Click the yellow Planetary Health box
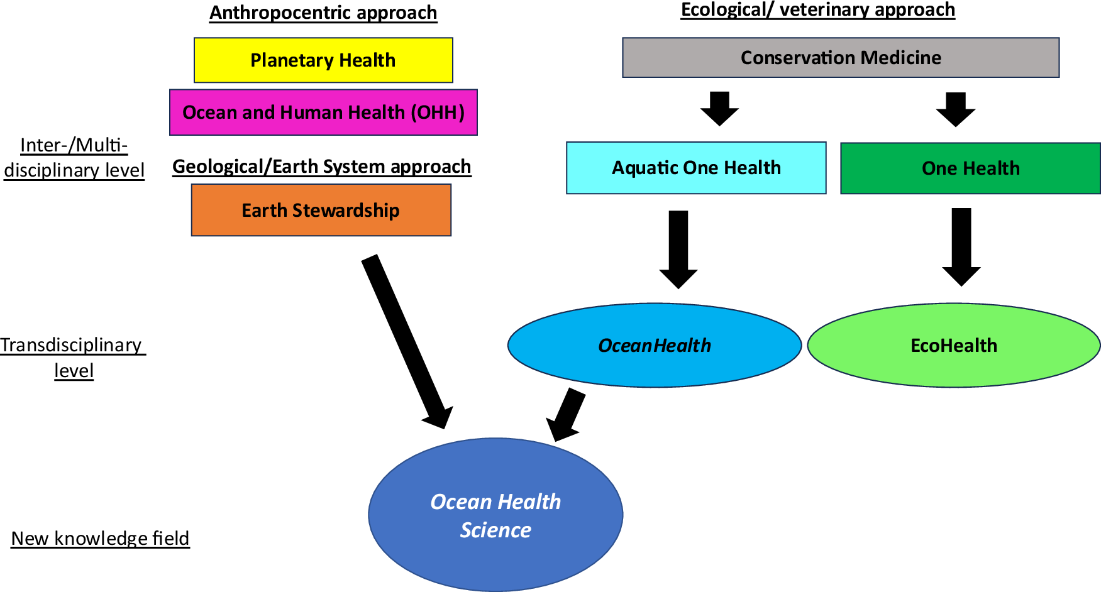point(323,60)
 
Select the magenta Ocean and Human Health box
point(323,112)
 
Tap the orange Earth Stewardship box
point(321,210)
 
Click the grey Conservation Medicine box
point(841,58)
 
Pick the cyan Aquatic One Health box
point(696,168)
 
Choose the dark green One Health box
point(970,168)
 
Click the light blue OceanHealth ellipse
point(655,346)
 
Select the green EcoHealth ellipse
point(954,346)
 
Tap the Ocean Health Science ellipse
point(495,515)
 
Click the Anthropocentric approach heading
point(323,13)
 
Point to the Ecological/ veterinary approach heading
point(817,10)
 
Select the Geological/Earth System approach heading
point(321,167)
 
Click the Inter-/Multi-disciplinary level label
point(74,158)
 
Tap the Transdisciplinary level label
point(73,358)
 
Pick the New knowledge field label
point(100,539)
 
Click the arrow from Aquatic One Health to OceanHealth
point(678,248)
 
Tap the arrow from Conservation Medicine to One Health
point(956,109)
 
